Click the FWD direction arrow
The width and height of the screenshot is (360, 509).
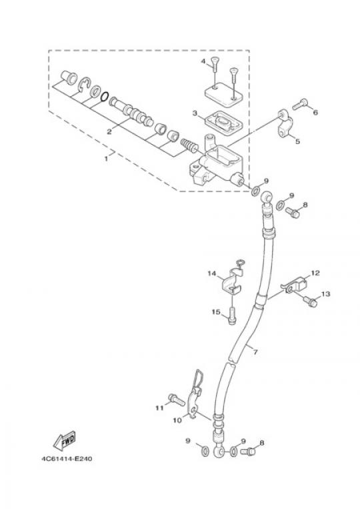[x=65, y=440]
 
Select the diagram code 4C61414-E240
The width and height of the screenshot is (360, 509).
[x=67, y=459]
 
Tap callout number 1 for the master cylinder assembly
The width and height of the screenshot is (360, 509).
[x=106, y=159]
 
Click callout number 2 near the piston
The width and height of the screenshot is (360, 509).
[x=109, y=131]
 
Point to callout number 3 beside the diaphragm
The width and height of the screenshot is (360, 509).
[x=195, y=113]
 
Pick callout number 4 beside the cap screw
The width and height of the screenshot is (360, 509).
[x=203, y=61]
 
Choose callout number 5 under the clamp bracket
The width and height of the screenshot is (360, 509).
[x=297, y=141]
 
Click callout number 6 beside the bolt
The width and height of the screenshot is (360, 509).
[x=315, y=112]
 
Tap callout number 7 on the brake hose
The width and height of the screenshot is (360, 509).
[x=255, y=352]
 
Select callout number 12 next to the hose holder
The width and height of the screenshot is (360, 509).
[x=315, y=273]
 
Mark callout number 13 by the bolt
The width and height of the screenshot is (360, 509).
[x=325, y=294]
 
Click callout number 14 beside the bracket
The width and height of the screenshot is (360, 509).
[x=212, y=274]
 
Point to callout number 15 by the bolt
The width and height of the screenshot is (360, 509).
[x=216, y=312]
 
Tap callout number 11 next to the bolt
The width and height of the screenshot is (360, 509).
[x=159, y=408]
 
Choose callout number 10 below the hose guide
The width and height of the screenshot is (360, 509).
[x=177, y=420]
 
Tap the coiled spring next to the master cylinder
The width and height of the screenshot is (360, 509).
[x=189, y=145]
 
